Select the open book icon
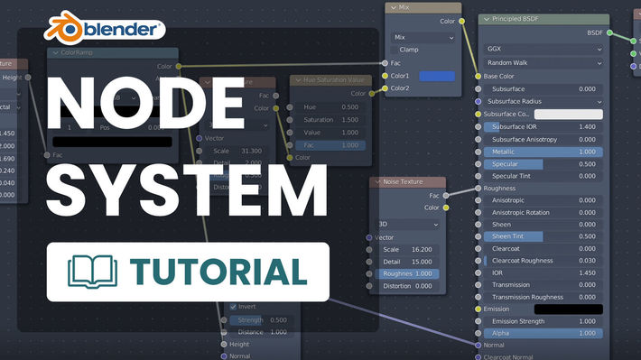click(x=93, y=271)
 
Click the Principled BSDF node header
click(x=541, y=19)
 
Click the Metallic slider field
click(x=543, y=152)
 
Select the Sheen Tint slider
click(x=543, y=235)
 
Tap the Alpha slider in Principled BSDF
click(x=543, y=333)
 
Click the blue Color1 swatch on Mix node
click(x=437, y=76)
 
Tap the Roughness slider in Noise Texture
click(x=408, y=273)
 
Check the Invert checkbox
click(x=234, y=307)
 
